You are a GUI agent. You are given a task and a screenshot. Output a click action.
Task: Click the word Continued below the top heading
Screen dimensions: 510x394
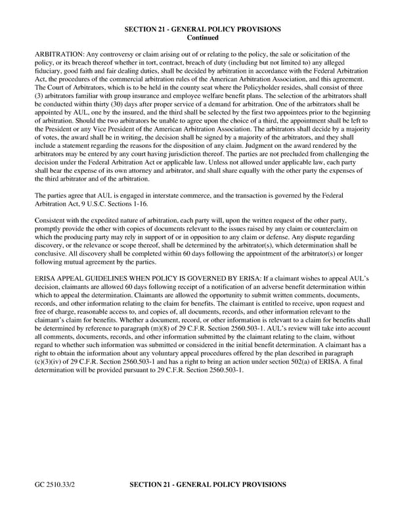click(x=203, y=38)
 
